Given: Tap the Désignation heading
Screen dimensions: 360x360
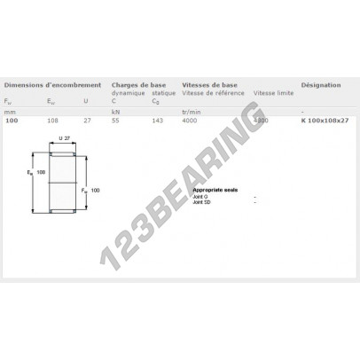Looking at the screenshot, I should pyautogui.click(x=321, y=86).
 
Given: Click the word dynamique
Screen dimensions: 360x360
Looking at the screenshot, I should pyautogui.click(x=128, y=93).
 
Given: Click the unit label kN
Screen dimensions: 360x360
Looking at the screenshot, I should pyautogui.click(x=115, y=111).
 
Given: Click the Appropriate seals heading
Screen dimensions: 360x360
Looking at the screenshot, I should pyautogui.click(x=214, y=190).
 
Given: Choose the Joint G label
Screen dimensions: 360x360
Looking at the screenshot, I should pyautogui.click(x=201, y=196).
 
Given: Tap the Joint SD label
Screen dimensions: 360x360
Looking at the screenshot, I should pyautogui.click(x=202, y=202).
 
